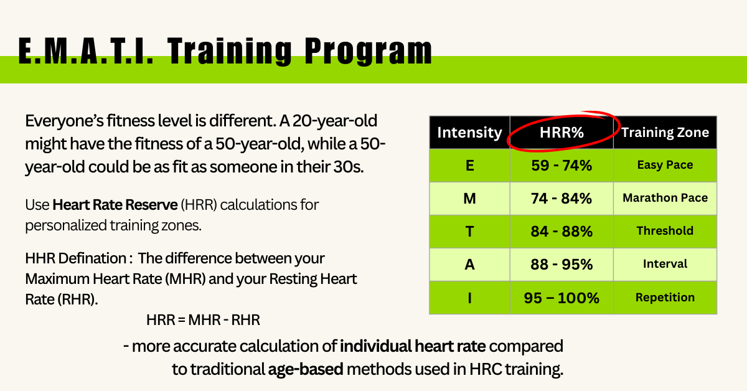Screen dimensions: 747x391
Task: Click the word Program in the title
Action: (368, 51)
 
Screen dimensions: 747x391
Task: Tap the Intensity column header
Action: (469, 133)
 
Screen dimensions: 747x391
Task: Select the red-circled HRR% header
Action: (561, 133)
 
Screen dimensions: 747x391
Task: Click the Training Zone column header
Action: (665, 133)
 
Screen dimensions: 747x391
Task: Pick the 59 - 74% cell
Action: (561, 166)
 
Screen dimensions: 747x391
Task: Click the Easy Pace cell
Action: (665, 165)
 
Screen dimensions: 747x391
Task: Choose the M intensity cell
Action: (469, 199)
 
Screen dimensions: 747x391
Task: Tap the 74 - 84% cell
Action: (561, 199)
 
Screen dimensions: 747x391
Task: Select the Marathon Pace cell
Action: (665, 198)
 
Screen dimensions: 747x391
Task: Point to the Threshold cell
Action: (665, 231)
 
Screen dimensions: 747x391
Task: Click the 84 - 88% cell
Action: (561, 232)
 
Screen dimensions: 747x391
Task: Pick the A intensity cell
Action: (469, 265)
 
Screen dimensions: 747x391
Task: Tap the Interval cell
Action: (665, 264)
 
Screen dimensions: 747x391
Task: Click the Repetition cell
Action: (665, 297)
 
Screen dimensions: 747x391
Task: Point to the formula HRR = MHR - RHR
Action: (203, 320)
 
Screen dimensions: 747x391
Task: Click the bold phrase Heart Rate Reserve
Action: (115, 205)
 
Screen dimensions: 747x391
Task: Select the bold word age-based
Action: (306, 369)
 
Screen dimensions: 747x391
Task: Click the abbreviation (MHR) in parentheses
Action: (185, 279)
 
